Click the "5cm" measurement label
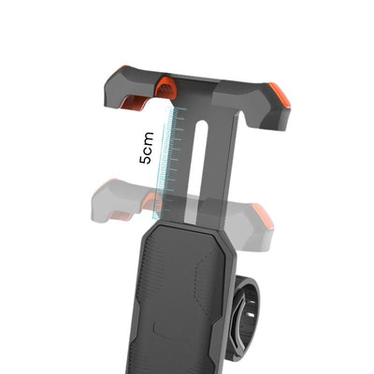(149, 148)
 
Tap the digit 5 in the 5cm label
(149, 160)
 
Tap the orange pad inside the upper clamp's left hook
(137, 100)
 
